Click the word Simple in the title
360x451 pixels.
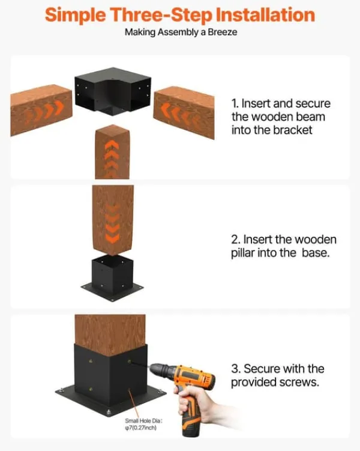click(75, 15)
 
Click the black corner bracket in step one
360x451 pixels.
click(113, 91)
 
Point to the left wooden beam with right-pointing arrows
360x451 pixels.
click(41, 109)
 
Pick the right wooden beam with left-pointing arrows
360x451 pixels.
click(184, 112)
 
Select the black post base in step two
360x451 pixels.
click(112, 278)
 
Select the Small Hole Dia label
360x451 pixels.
click(143, 421)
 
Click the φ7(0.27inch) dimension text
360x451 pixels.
click(141, 428)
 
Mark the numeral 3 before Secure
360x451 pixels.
click(235, 369)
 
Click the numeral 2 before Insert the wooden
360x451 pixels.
click(235, 240)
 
